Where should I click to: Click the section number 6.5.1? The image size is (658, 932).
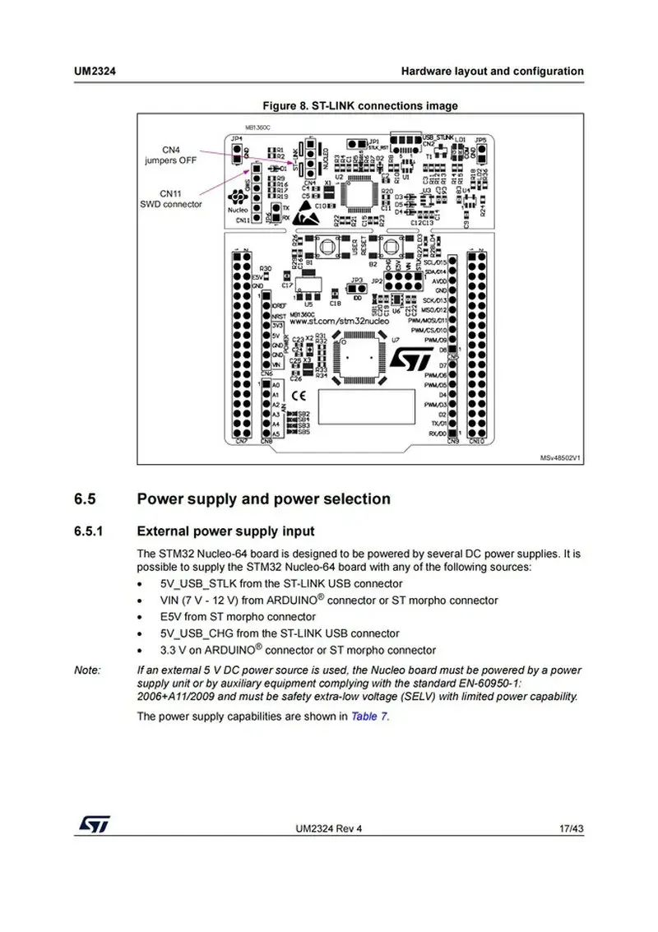point(87,531)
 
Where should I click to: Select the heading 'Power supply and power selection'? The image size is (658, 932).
point(263,498)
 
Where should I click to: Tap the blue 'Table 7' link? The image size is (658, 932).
point(369,716)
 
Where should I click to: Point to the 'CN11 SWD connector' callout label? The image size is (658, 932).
point(169,198)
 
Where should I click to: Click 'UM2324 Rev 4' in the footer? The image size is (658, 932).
point(328,828)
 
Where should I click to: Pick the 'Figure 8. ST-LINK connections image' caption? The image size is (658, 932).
point(359,105)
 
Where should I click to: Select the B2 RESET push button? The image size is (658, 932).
point(384,246)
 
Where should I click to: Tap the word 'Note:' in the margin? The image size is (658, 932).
point(87,670)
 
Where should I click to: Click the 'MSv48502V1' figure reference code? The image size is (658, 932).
point(559,457)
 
